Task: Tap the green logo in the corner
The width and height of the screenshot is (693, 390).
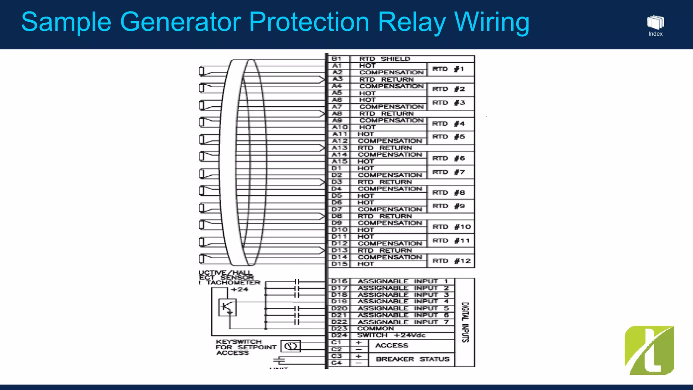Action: pyautogui.click(x=649, y=350)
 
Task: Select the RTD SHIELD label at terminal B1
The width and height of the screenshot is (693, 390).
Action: pyautogui.click(x=384, y=59)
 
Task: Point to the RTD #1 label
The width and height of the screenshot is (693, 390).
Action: pyautogui.click(x=448, y=69)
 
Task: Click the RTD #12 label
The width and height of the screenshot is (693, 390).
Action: pyautogui.click(x=451, y=261)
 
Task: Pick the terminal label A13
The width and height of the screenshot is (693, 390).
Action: pyautogui.click(x=339, y=148)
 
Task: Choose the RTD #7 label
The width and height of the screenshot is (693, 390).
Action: pyautogui.click(x=449, y=172)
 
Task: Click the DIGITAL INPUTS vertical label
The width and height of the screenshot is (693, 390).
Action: pyautogui.click(x=465, y=322)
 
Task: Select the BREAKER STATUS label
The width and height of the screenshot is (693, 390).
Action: pyautogui.click(x=412, y=359)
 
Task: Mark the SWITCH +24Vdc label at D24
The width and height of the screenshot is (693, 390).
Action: pyautogui.click(x=392, y=335)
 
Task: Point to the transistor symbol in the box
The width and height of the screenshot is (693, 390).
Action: pyautogui.click(x=227, y=307)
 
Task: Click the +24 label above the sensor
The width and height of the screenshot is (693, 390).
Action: pyautogui.click(x=239, y=290)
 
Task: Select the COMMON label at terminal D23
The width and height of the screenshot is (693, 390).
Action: pyautogui.click(x=375, y=329)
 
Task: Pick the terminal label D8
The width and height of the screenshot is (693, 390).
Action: pyautogui.click(x=337, y=216)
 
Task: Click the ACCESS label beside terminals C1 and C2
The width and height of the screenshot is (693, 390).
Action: pyautogui.click(x=392, y=346)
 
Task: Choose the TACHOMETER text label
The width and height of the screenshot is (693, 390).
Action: pyautogui.click(x=233, y=283)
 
